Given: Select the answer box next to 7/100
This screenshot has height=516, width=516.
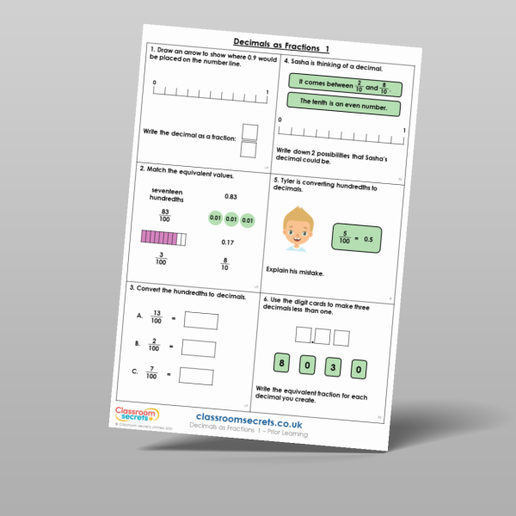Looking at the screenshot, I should [196, 376].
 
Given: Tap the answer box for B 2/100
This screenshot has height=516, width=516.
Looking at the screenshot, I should [199, 348].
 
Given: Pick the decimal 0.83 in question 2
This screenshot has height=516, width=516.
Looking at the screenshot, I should [230, 197].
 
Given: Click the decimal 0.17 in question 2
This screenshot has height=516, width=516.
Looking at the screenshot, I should [228, 243].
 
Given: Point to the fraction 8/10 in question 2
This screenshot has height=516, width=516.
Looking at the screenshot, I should [224, 265].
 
